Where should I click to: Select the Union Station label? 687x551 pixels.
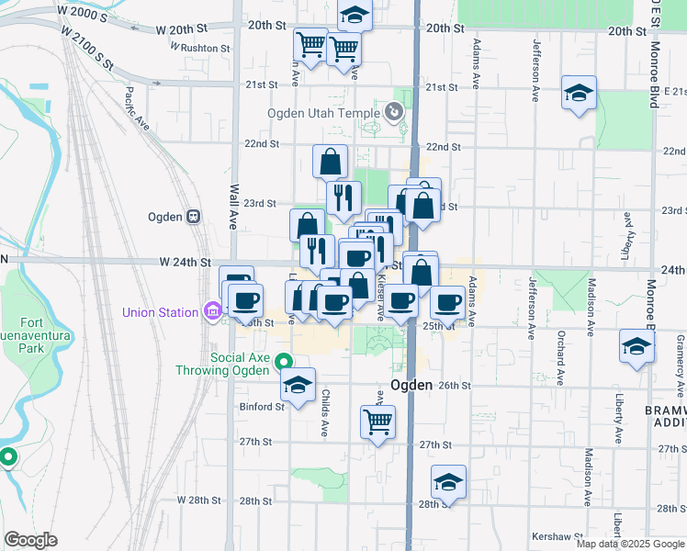[x=161, y=312]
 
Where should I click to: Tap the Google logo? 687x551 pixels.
[x=30, y=540]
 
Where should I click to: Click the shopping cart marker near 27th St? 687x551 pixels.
[x=377, y=422]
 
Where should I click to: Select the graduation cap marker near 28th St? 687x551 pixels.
[x=448, y=482]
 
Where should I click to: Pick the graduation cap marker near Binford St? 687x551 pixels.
[x=298, y=386]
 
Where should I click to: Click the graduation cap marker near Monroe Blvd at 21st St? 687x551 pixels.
[x=579, y=93]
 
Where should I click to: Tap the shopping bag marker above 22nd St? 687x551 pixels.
[x=330, y=162]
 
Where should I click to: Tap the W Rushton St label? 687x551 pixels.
[x=199, y=47]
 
